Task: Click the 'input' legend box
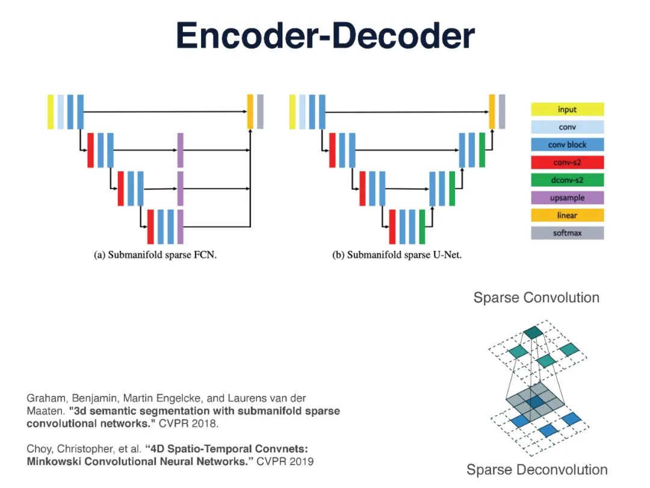point(567,110)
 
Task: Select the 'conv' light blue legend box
point(567,127)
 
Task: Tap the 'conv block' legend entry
point(567,145)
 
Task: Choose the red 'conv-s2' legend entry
point(567,163)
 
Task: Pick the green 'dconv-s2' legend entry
point(567,180)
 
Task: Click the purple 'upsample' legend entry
point(567,198)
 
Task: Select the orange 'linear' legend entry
point(567,215)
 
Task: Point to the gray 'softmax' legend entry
point(567,233)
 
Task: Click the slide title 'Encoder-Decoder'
point(325,36)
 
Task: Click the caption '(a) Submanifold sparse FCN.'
point(155,255)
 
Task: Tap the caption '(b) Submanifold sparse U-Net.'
point(397,255)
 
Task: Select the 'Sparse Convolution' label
point(536,298)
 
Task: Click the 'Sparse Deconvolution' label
point(537,470)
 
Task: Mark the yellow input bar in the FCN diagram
point(51,111)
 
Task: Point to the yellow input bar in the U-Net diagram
point(292,111)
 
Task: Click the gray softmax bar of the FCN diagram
point(260,111)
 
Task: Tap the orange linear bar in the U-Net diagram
point(492,111)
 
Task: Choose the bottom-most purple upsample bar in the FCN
point(180,227)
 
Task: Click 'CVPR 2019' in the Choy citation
point(285,461)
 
